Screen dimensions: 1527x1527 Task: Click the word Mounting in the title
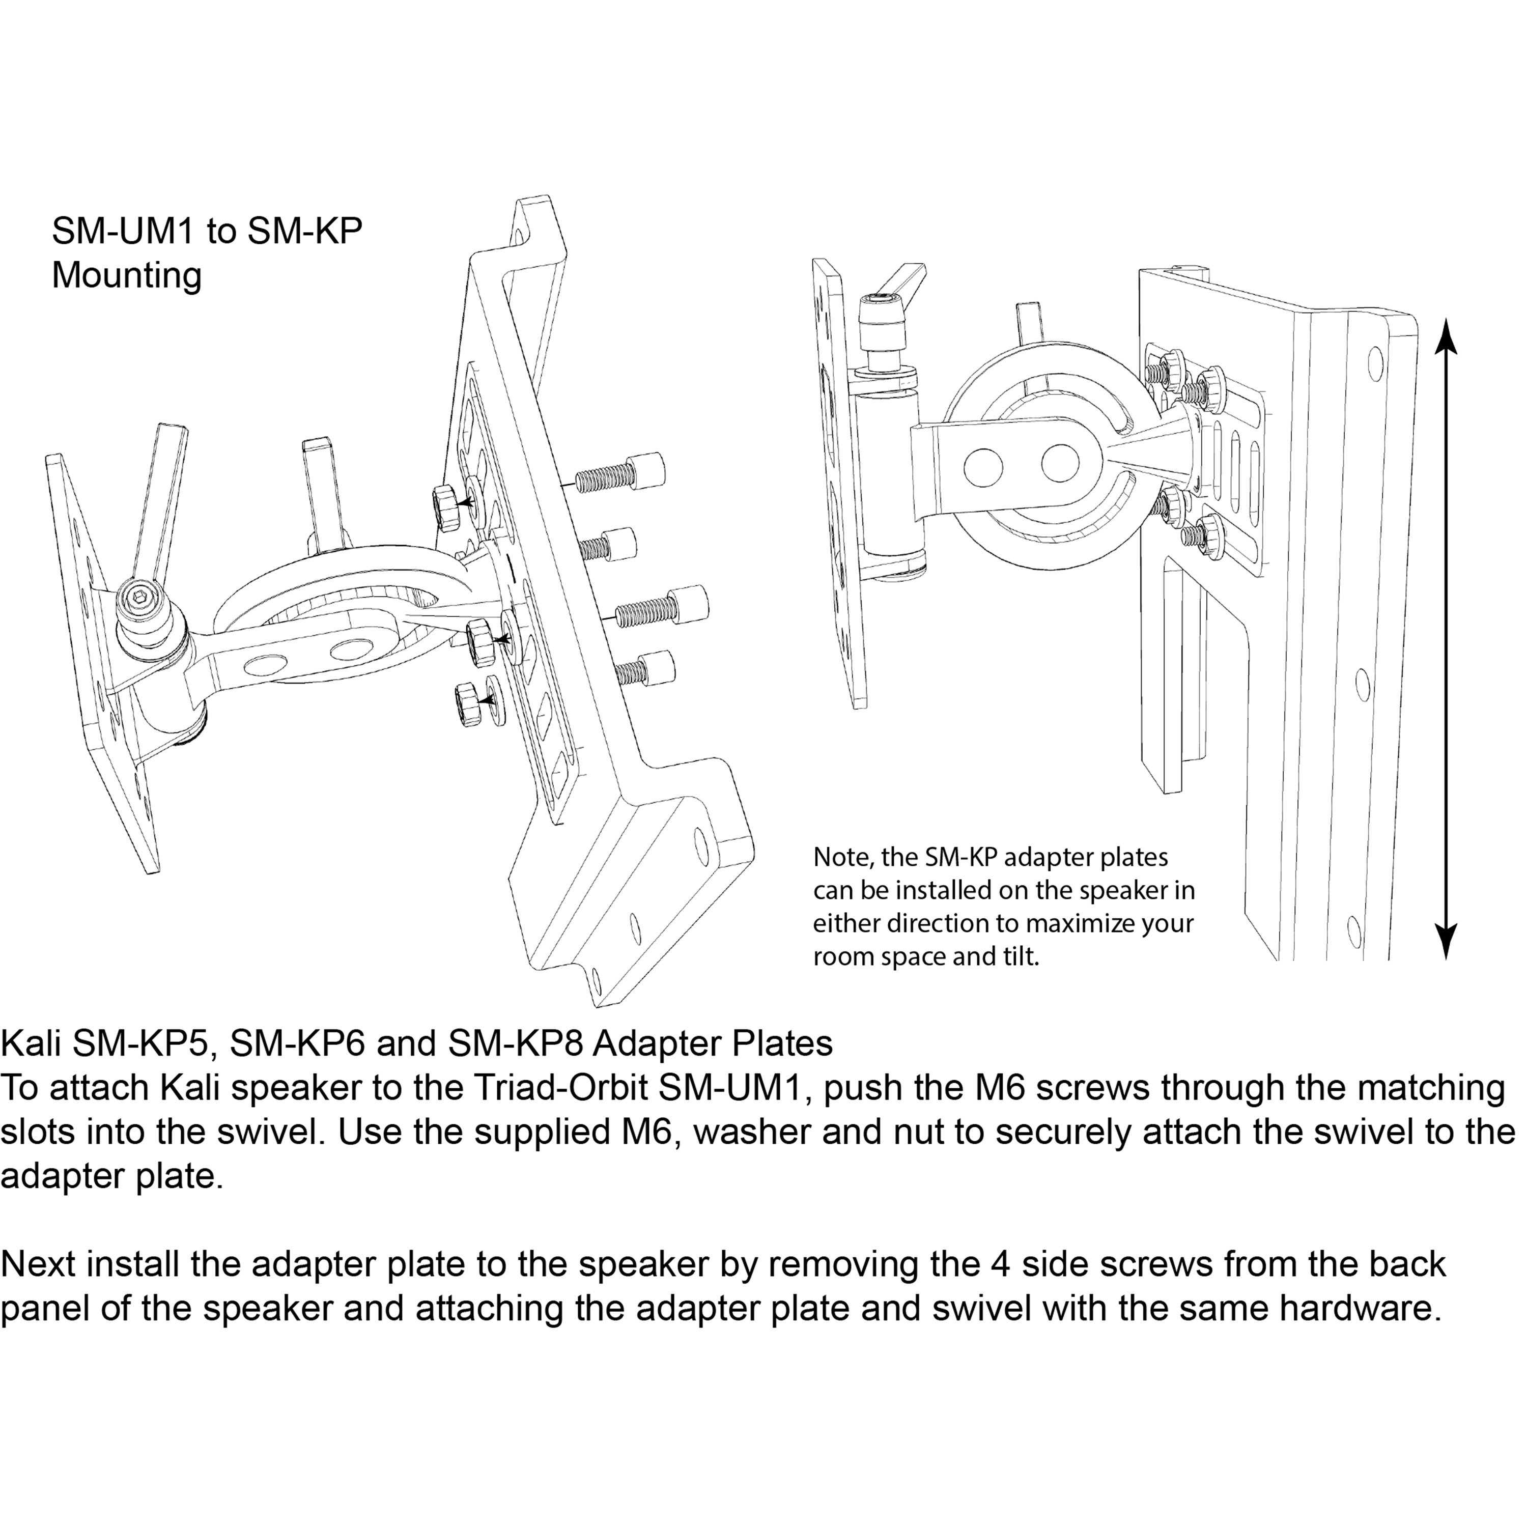(126, 276)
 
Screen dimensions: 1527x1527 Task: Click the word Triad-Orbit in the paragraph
(550, 1088)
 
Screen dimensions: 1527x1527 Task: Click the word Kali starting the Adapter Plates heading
(30, 1043)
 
